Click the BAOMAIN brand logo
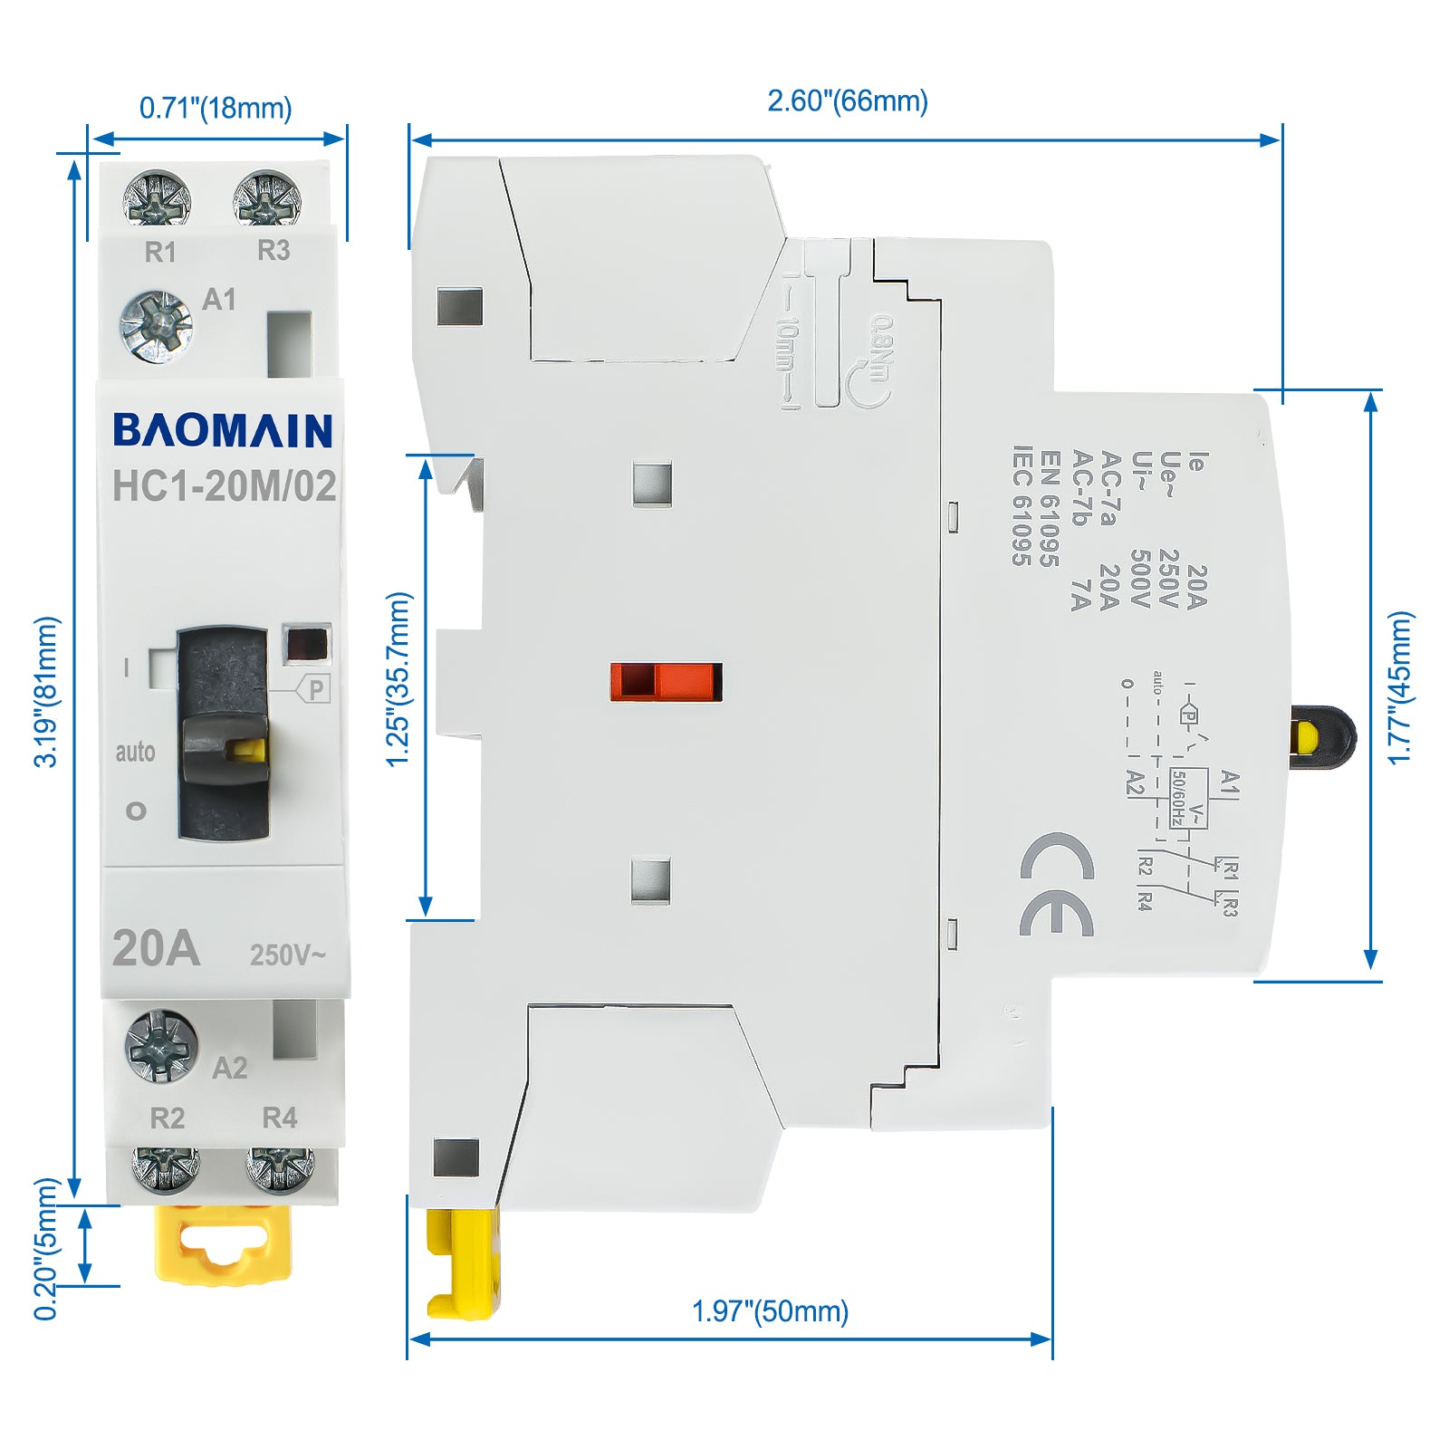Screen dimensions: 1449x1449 click(x=223, y=430)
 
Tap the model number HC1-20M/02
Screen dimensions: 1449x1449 click(x=224, y=486)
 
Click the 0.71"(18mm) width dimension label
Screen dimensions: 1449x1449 click(x=216, y=108)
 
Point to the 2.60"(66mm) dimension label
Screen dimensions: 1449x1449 click(x=848, y=101)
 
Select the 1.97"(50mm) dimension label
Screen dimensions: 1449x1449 click(x=770, y=1310)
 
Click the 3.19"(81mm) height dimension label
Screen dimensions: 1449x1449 click(x=45, y=692)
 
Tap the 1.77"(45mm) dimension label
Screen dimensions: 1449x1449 click(x=1400, y=687)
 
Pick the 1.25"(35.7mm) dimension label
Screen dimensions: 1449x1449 click(x=398, y=679)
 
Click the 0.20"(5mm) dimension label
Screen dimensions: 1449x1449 click(x=45, y=1249)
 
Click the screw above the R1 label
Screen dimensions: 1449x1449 click(x=157, y=198)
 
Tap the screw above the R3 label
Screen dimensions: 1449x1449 click(x=266, y=198)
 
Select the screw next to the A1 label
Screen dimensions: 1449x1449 click(x=157, y=326)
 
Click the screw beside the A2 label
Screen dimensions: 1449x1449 click(x=161, y=1046)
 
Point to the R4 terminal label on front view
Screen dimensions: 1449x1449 click(x=279, y=1118)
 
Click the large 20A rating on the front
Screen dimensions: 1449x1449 click(x=156, y=948)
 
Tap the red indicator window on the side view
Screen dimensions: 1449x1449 click(x=667, y=682)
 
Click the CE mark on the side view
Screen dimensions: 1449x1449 click(x=1057, y=884)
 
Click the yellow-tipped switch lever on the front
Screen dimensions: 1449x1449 click(x=226, y=748)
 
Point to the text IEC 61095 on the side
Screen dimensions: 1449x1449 click(x=1022, y=505)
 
